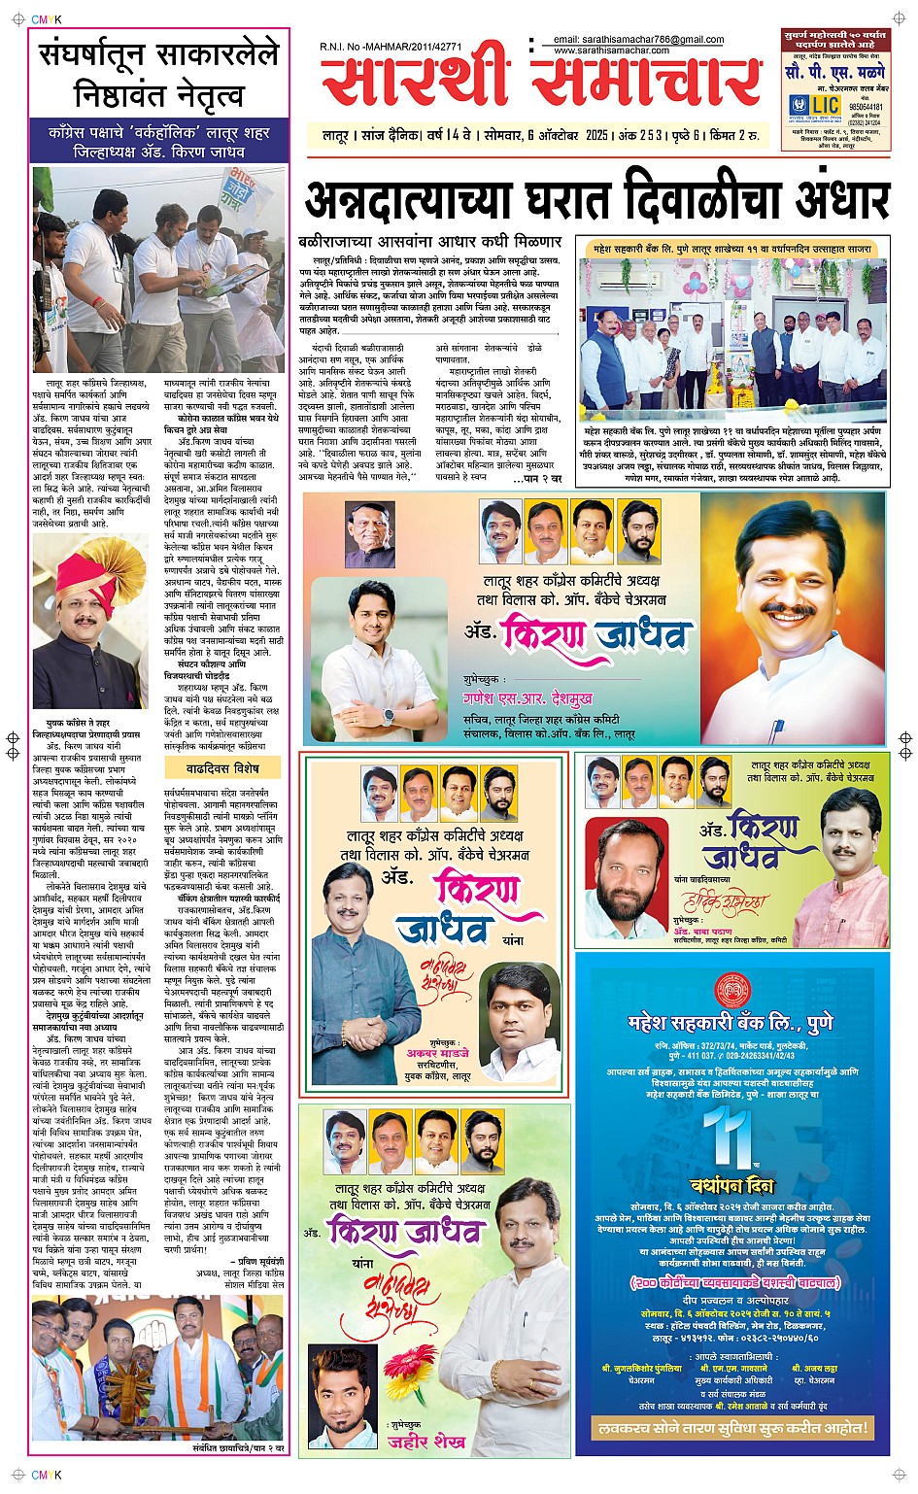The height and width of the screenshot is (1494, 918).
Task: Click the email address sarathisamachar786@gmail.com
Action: point(638,40)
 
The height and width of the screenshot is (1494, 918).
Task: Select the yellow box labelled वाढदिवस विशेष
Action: point(222,768)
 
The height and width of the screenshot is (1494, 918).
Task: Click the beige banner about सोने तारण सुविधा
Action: point(731,1427)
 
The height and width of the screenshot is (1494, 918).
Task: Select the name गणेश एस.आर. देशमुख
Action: point(527,698)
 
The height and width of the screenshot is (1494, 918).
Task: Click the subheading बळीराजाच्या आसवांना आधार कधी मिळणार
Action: point(429,241)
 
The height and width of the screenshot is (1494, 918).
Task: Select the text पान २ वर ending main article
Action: point(542,479)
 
